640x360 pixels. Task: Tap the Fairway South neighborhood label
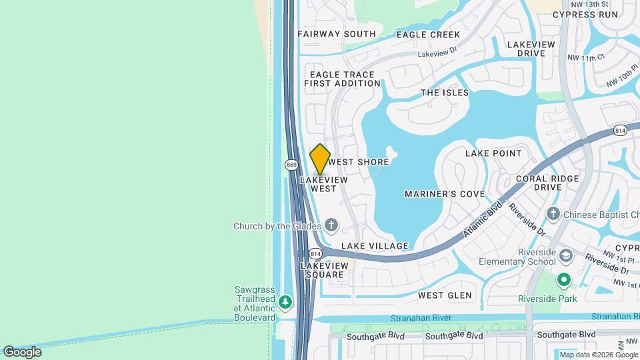pos(336,34)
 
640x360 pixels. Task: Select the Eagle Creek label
pos(428,35)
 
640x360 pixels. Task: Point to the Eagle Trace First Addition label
pos(342,79)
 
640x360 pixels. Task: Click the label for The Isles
pos(445,93)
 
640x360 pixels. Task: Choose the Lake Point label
pos(493,153)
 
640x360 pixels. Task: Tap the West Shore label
pos(359,162)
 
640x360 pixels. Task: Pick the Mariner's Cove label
pos(445,194)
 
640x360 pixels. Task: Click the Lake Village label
pos(375,246)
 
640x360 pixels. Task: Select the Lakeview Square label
pos(323,270)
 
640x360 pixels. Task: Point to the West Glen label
pos(445,295)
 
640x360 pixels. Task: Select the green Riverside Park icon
pos(564,279)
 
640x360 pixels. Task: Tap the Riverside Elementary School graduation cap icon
pos(565,256)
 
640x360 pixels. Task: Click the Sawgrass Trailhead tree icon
pos(286,303)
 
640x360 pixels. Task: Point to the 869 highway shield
pos(291,165)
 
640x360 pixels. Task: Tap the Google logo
pos(22,352)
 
